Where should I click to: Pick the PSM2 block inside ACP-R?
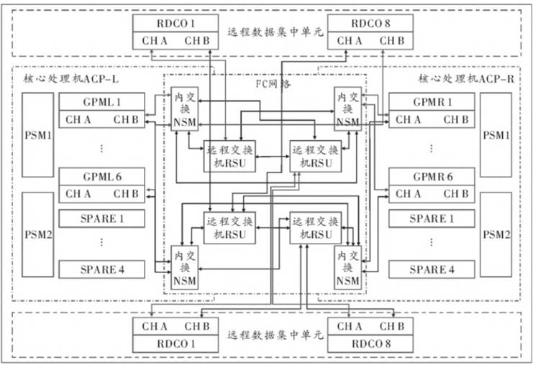point(497,235)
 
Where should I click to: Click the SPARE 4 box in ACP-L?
point(101,270)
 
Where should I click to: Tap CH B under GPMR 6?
point(456,194)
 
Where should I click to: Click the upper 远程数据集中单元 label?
point(273,32)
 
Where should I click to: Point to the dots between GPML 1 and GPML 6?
point(101,148)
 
